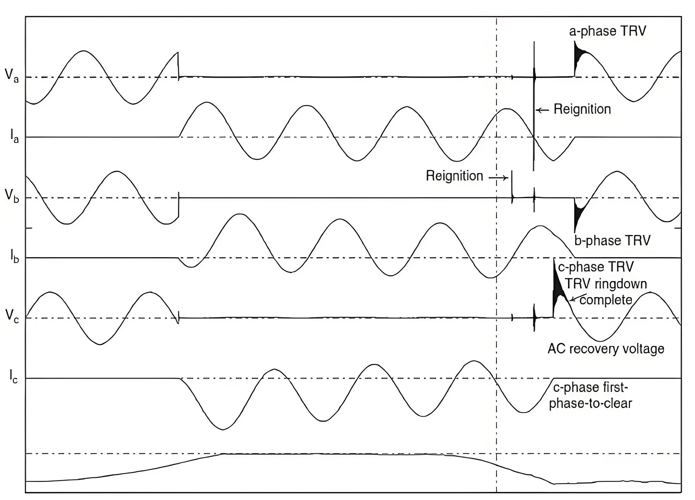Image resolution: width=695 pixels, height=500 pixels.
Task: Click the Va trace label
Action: click(x=11, y=75)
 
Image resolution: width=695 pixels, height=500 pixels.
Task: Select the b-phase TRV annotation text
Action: click(x=612, y=241)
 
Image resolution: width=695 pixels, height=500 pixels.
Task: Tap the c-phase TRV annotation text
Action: click(x=595, y=267)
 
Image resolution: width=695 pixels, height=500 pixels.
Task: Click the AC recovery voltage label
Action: click(x=606, y=349)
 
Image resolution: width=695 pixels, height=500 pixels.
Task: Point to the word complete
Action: click(x=605, y=300)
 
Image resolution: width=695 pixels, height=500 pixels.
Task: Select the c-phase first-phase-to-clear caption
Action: click(x=590, y=396)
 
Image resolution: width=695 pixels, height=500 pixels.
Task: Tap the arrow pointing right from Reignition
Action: click(x=498, y=177)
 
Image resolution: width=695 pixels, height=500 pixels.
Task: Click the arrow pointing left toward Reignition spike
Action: click(x=543, y=110)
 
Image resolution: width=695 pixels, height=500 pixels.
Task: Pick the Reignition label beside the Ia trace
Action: click(x=582, y=109)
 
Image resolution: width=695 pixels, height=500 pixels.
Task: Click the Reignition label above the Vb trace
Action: click(x=454, y=176)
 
